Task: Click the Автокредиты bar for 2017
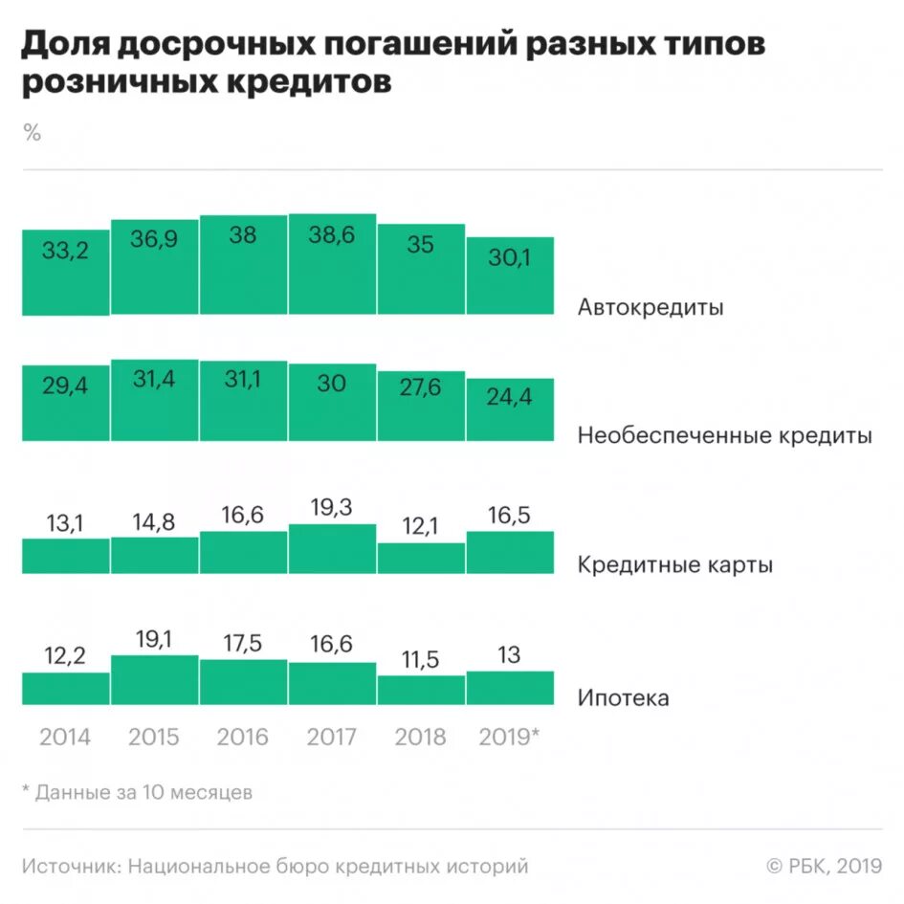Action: (332, 266)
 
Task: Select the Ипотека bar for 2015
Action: (154, 680)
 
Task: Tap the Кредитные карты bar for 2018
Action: (421, 559)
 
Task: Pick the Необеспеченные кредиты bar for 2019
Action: (510, 410)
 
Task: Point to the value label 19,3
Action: (332, 508)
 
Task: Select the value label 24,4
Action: (510, 396)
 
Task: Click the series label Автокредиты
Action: (650, 308)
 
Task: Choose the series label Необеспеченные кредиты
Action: (724, 436)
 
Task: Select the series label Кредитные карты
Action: (674, 564)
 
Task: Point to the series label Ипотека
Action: (623, 697)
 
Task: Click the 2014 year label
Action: (65, 737)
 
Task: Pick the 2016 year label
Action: (243, 737)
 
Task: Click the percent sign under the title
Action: (33, 133)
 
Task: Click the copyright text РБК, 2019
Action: (824, 867)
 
